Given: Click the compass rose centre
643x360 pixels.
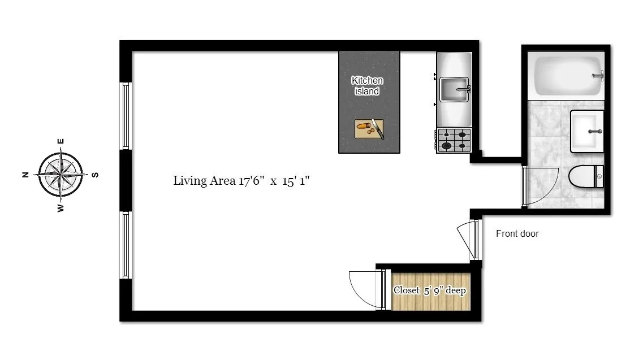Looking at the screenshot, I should point(61,175).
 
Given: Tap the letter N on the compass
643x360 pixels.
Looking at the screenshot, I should point(25,175).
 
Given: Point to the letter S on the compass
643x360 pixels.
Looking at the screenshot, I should point(95,175).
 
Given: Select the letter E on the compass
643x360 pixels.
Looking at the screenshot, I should point(61,141).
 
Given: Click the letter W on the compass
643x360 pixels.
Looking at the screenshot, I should point(61,208).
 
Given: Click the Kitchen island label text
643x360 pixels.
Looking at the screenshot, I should point(367,86).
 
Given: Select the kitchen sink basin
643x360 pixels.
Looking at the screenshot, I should point(454,90).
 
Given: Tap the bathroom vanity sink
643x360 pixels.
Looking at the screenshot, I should point(587,131).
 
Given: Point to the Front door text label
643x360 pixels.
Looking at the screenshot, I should point(517,233).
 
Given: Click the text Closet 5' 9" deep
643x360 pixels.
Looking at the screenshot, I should point(430,290).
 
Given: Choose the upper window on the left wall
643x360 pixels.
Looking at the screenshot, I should point(126,116).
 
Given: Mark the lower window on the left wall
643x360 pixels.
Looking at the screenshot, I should point(126,245).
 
